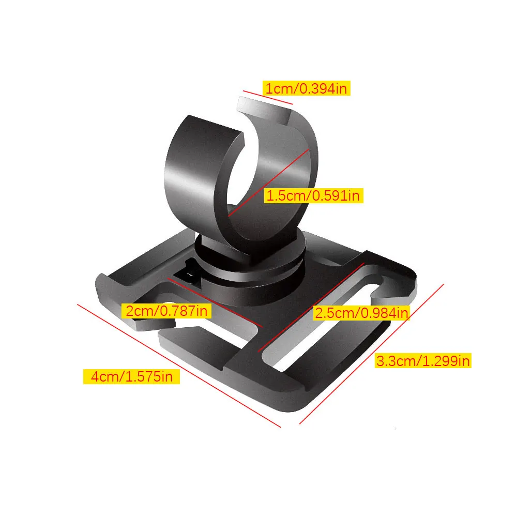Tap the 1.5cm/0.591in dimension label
tap(314, 195)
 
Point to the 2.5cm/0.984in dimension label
tap(361, 312)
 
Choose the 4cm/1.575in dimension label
tap(131, 376)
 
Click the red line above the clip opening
tap(268, 98)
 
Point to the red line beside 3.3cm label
tap(372, 354)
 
